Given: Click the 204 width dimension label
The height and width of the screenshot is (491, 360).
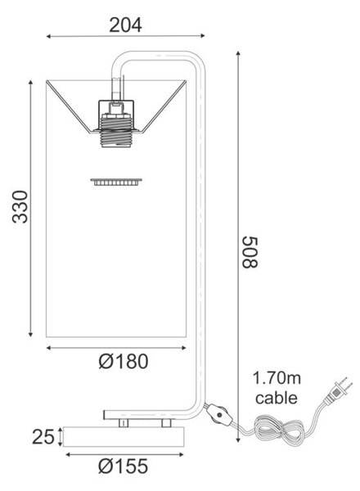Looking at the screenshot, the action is click(x=125, y=25).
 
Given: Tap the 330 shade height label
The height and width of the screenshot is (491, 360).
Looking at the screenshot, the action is click(x=20, y=206).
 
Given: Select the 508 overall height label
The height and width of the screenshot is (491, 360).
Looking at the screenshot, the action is click(x=250, y=252).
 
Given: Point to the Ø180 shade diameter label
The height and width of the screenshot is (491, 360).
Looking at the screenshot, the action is click(x=124, y=361).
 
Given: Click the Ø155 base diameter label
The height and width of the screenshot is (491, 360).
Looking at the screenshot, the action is click(x=123, y=466).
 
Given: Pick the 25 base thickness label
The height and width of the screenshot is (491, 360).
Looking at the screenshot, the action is click(x=43, y=436).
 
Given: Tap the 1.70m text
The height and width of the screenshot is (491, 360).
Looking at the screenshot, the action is click(x=277, y=377).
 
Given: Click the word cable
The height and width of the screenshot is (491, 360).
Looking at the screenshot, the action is click(x=277, y=398).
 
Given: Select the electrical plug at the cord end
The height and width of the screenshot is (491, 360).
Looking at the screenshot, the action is click(x=338, y=391).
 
